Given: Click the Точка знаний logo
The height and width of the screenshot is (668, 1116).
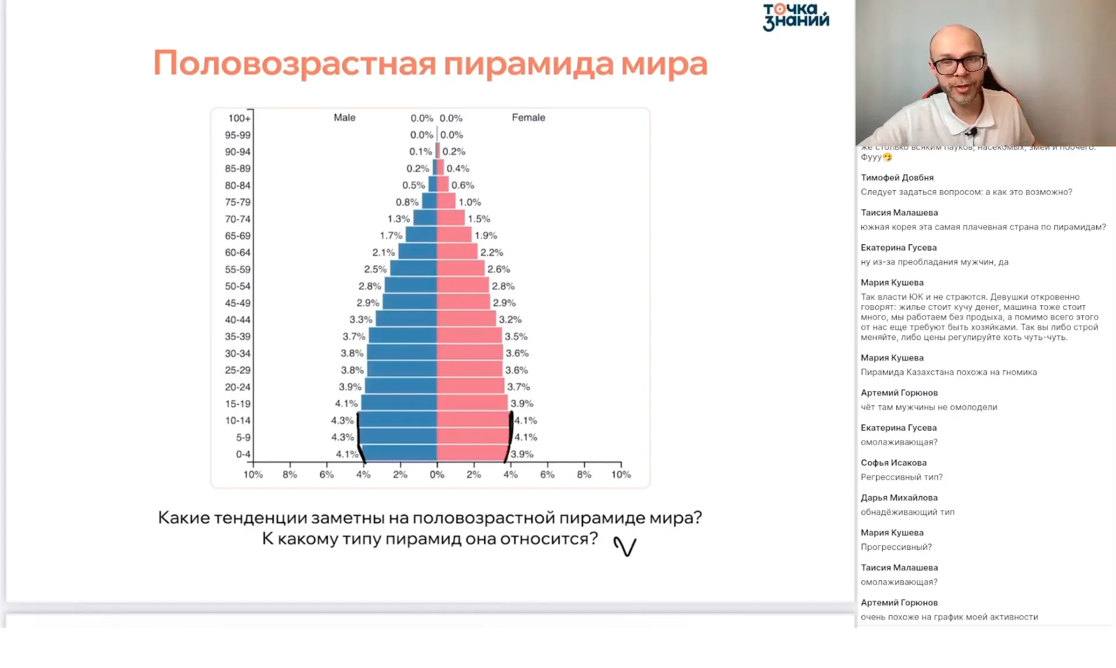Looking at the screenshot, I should click(796, 16).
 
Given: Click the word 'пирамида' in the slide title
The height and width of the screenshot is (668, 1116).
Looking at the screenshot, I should click(528, 64).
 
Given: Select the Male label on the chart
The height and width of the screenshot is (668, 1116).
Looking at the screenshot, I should click(344, 117).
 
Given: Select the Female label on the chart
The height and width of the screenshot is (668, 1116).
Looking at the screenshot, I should click(528, 117).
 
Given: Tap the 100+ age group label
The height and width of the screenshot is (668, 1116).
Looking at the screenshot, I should click(239, 119).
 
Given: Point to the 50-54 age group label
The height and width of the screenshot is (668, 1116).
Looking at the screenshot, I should click(237, 286).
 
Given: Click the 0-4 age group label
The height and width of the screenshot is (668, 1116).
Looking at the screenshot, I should click(243, 454).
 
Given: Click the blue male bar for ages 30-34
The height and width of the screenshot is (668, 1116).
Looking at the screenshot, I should click(402, 352).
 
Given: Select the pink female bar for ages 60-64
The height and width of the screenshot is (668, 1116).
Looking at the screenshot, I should click(457, 252).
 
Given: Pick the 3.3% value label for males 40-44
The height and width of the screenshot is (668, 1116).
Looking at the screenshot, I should click(360, 320).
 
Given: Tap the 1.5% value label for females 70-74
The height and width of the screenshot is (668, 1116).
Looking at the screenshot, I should click(479, 219).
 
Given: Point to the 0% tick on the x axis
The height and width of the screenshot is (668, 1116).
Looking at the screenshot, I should click(437, 474).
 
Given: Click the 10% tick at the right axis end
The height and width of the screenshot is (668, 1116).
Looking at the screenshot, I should click(621, 474).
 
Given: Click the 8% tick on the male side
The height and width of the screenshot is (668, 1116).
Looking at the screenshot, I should click(289, 474).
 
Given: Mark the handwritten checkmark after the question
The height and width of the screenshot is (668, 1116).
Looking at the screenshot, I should click(625, 546).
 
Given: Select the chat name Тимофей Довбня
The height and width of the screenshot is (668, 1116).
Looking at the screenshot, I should click(897, 177).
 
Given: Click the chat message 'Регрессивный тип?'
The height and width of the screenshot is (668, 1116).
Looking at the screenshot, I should click(902, 477).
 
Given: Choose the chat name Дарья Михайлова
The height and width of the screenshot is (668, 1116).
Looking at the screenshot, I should click(899, 498).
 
